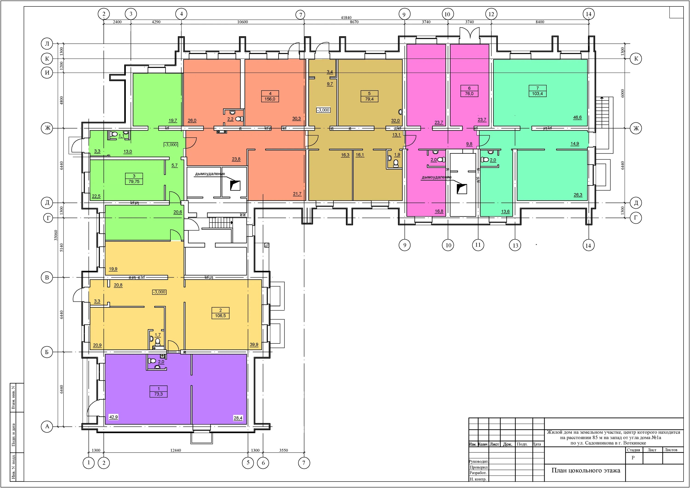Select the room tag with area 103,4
(538, 91)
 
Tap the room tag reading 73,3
(158, 391)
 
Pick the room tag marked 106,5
(220, 313)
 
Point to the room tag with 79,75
(134, 179)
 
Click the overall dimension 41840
(346, 18)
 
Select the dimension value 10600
(243, 22)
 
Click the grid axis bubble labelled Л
(47, 44)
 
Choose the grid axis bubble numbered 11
(478, 245)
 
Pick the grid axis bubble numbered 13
(515, 245)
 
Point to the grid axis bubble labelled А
(47, 427)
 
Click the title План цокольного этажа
(586, 471)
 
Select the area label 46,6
(577, 117)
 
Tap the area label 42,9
(113, 417)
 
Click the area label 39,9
(254, 345)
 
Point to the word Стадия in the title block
(633, 450)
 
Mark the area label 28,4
(238, 418)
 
